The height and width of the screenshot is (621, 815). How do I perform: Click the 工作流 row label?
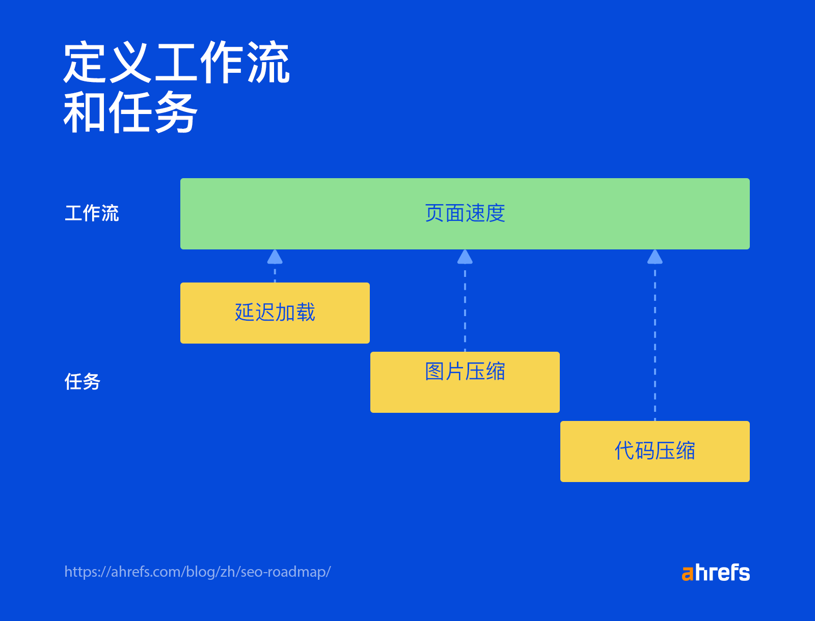tap(92, 213)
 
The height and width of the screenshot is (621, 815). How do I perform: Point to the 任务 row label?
tap(83, 382)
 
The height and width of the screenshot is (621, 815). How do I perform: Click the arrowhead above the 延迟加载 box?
tap(275, 257)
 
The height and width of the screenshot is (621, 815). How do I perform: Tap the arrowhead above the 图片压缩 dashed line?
tap(465, 257)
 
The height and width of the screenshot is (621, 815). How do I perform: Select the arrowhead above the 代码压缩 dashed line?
tap(655, 257)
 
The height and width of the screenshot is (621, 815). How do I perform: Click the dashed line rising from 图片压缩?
tap(465, 310)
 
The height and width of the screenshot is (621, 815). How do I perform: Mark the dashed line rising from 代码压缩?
tap(655, 346)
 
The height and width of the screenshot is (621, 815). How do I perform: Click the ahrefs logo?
tap(716, 573)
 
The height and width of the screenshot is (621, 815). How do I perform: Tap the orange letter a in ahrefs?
tap(688, 574)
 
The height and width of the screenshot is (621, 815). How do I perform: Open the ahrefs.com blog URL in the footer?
tap(198, 572)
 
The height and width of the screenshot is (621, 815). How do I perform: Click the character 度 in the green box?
tap(495, 213)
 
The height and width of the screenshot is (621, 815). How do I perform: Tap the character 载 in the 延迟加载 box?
tap(305, 312)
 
